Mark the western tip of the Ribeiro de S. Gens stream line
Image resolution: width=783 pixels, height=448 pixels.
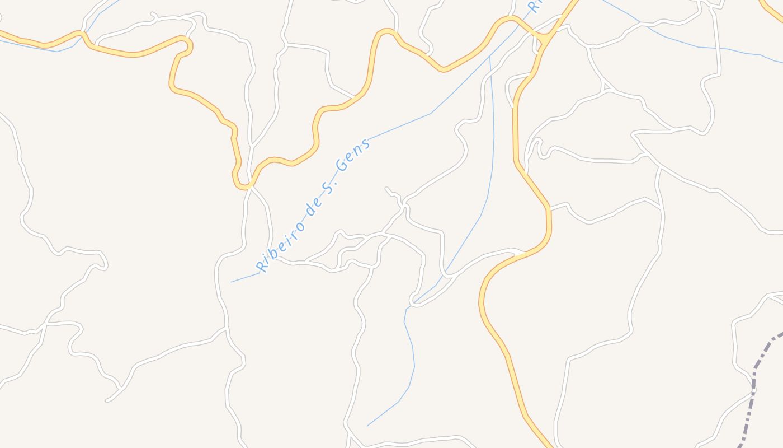(x=232, y=282)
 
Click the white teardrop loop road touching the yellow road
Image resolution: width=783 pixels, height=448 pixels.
(x=510, y=90)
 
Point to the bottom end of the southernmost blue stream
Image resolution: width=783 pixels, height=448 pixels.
(x=367, y=426)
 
